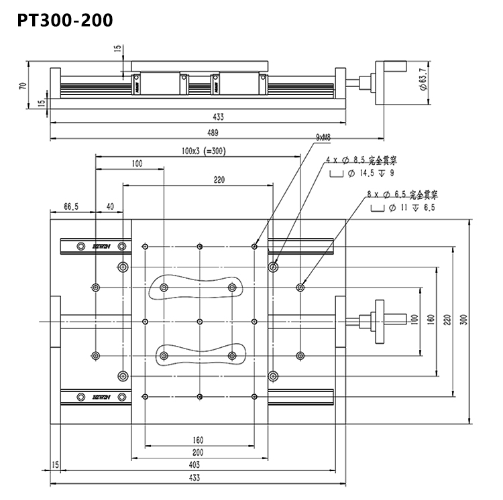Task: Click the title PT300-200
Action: pyautogui.click(x=64, y=19)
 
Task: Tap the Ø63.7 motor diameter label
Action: pyautogui.click(x=422, y=81)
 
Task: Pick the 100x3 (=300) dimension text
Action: pyautogui.click(x=203, y=151)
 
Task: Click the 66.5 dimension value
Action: pyautogui.click(x=72, y=207)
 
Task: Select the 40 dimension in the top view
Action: pyautogui.click(x=110, y=207)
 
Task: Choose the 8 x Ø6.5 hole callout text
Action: pyautogui.click(x=402, y=195)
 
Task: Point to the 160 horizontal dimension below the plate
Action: pyautogui.click(x=198, y=440)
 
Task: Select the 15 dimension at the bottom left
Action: pyautogui.click(x=55, y=464)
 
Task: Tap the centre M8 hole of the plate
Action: pyautogui.click(x=201, y=321)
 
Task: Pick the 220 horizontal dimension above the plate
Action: pyautogui.click(x=219, y=180)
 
